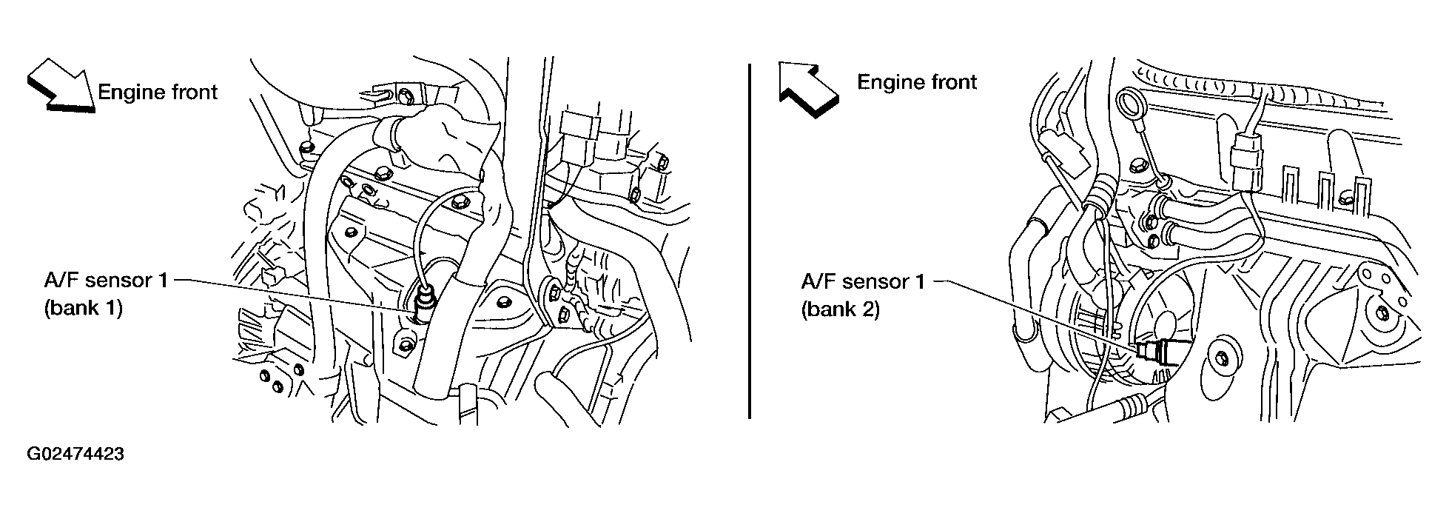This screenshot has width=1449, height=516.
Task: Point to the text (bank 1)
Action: tap(83, 308)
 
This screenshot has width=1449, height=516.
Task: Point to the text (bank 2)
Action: tap(841, 309)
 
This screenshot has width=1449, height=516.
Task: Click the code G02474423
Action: tap(75, 454)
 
